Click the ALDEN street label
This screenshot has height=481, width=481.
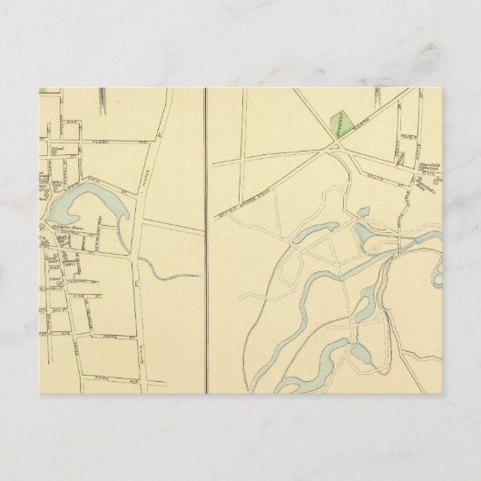tap(99, 142)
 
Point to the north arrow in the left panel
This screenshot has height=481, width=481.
tap(103, 96)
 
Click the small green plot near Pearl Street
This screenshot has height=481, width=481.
tap(399, 157)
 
